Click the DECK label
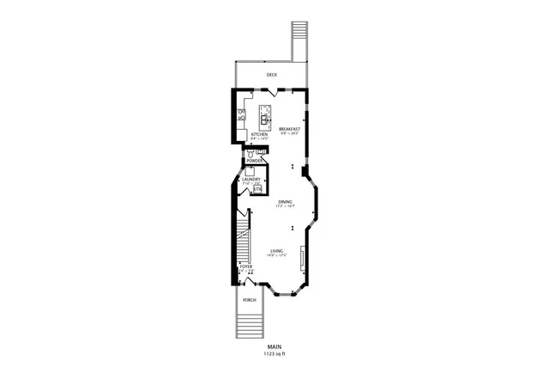coord(271,75)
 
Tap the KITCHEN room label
coord(259,134)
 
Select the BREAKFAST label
coord(288,129)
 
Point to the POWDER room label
coord(254,161)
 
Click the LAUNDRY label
coord(250,180)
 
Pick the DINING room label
coord(285,202)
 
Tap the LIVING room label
coord(276,250)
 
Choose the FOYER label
coord(246,267)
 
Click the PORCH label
coord(249,300)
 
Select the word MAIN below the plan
coord(274,346)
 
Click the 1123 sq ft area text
coord(274,353)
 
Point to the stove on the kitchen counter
coord(243,113)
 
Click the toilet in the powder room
coord(250,152)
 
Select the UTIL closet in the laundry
coord(256,188)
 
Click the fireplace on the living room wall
coord(301,257)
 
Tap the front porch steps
coord(248,326)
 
